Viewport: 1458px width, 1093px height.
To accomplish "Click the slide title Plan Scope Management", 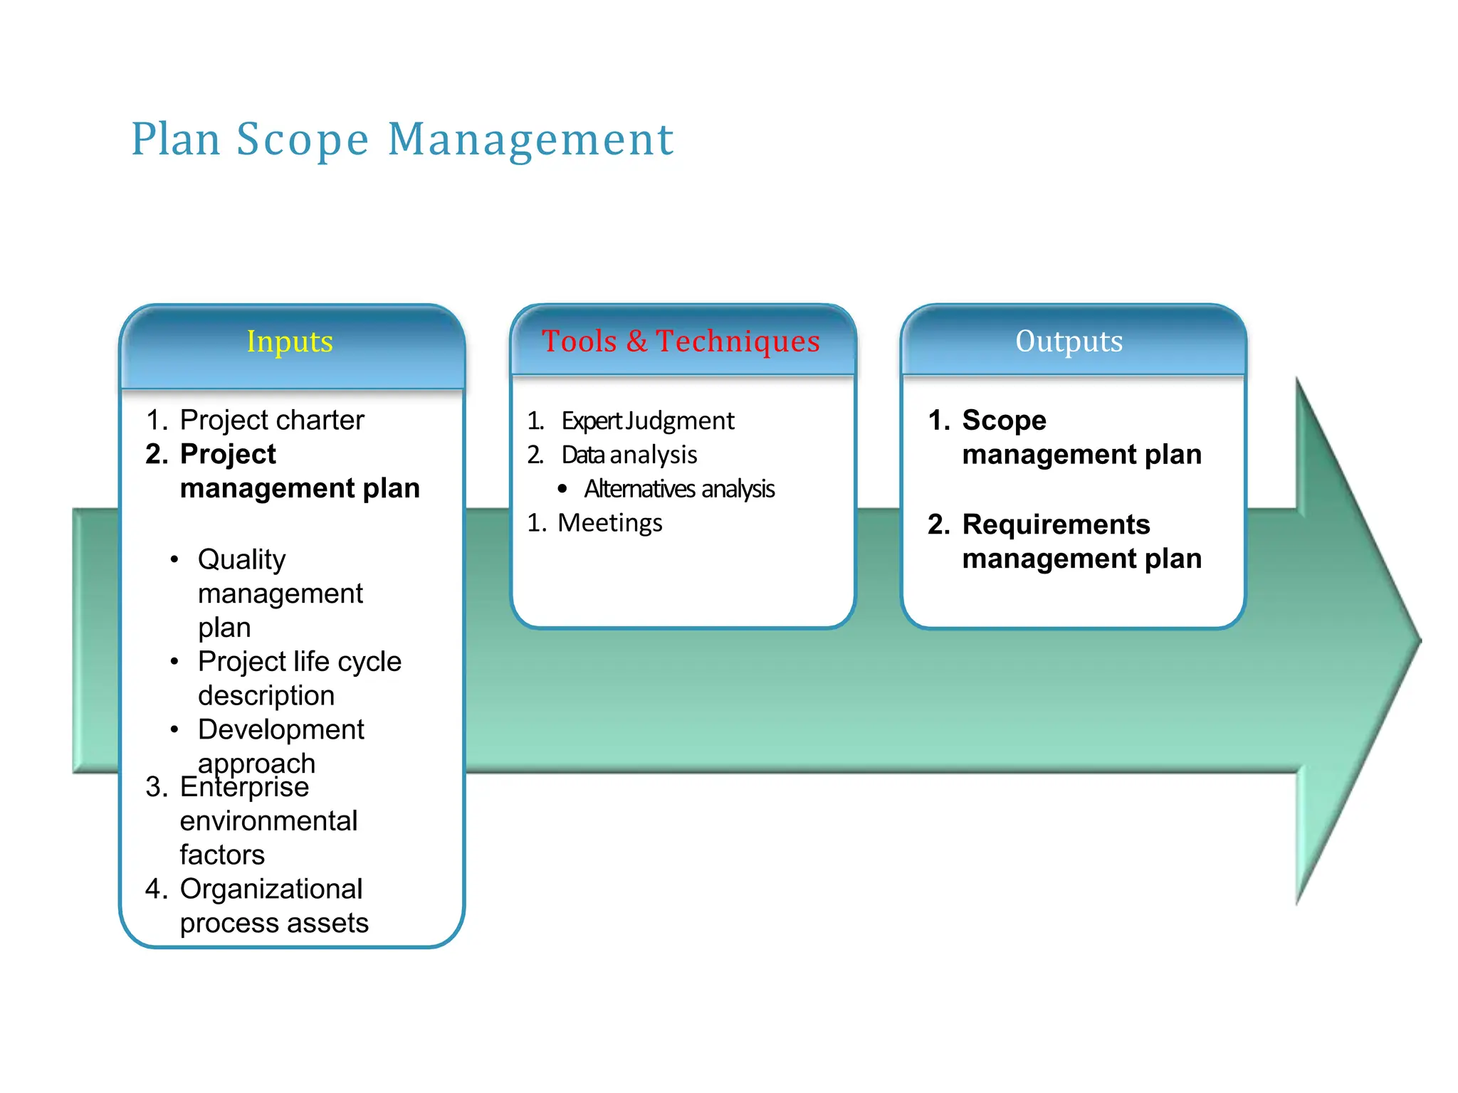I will coord(402,139).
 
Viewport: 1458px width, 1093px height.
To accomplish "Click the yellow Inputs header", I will coord(290,342).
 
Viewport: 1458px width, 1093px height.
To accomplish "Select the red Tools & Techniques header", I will coord(681,342).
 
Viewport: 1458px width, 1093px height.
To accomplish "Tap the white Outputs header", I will coord(1069,342).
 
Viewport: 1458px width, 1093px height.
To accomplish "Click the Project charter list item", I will coord(271,420).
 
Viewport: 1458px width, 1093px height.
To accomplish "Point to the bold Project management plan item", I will coord(299,471).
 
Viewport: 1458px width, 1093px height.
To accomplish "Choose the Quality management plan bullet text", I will coord(280,593).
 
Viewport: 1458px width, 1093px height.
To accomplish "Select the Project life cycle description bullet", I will coord(299,678).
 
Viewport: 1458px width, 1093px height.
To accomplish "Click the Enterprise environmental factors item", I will coord(268,820).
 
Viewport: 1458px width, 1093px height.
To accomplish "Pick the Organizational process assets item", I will coord(273,906).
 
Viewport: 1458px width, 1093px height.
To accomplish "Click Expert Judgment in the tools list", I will coord(647,421).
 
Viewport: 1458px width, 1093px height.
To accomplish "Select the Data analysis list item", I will coord(629,455).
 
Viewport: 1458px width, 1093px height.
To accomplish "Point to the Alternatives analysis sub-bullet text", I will coord(679,489).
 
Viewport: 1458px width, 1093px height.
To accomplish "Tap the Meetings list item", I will coord(609,523).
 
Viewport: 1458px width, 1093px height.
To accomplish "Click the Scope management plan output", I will coord(1081,437).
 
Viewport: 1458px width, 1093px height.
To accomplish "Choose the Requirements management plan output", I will coord(1081,542).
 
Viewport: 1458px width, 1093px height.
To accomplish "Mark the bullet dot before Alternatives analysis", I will coord(562,489).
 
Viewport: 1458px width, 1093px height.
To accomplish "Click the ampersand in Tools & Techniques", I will coord(636,342).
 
